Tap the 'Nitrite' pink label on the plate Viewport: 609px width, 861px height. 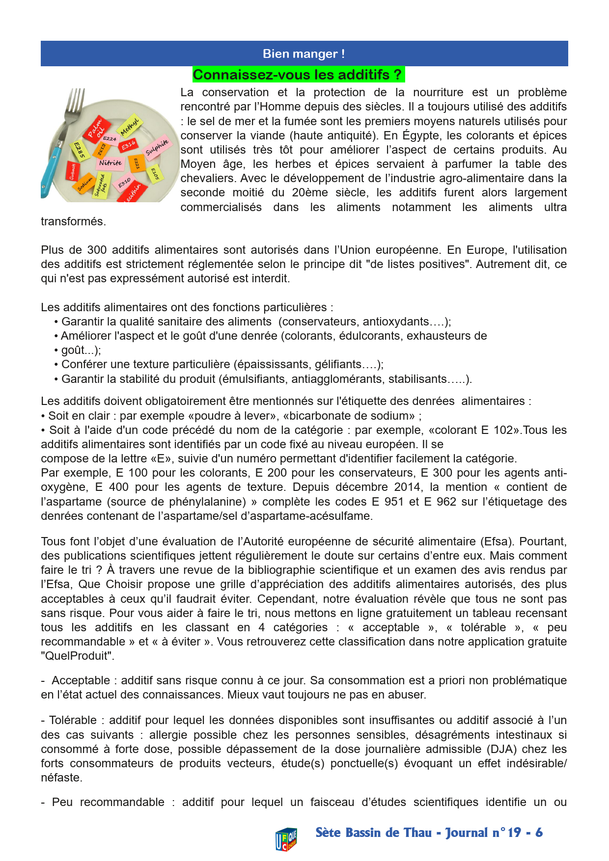(x=110, y=163)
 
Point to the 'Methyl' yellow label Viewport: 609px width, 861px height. (x=130, y=126)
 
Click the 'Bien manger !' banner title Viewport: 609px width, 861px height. (x=304, y=54)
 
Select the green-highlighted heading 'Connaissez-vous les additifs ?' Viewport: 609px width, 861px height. (x=298, y=75)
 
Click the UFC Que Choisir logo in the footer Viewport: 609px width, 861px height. (x=286, y=838)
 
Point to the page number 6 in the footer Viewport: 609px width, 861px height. (x=539, y=833)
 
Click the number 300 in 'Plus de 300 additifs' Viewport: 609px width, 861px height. (x=97, y=250)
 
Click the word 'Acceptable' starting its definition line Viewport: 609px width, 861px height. (x=81, y=680)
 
